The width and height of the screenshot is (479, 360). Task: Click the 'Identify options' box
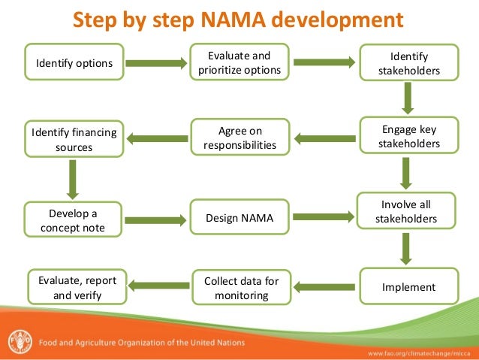74,63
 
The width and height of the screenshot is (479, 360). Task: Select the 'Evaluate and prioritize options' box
239,63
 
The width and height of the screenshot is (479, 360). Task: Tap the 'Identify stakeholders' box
408,64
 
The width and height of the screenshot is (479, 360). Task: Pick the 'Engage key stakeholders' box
408,136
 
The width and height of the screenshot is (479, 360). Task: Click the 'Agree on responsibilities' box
239,138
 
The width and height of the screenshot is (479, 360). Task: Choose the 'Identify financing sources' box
74,140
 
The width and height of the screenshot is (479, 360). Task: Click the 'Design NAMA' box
239,219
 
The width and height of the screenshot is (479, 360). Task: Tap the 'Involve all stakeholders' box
408,211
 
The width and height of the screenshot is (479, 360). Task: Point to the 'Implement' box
408,287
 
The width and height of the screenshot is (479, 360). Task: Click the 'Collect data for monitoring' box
241,288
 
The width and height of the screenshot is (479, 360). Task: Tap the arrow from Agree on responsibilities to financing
158,138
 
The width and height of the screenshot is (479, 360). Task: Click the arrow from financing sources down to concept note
74,177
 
